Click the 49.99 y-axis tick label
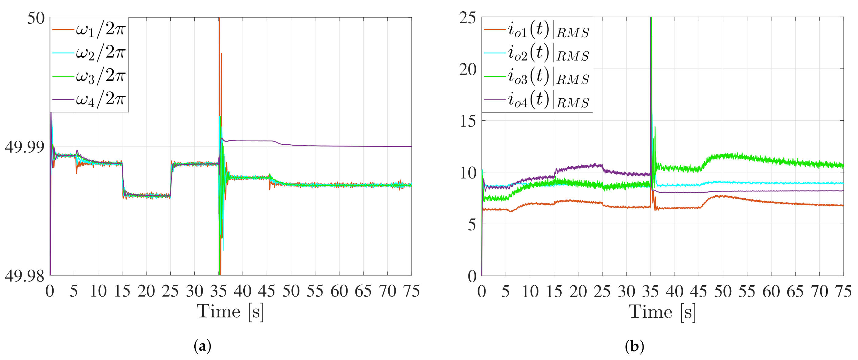pos(24,147)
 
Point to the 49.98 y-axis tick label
pos(24,276)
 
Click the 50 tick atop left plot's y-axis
pos(36,18)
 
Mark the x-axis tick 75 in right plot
pos(843,292)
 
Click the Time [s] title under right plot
pos(662,312)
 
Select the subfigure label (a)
pos(202,347)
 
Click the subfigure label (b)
pos(634,347)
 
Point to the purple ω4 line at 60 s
pos(339,146)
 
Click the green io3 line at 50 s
pos(723,156)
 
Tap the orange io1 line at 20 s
pos(578,201)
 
